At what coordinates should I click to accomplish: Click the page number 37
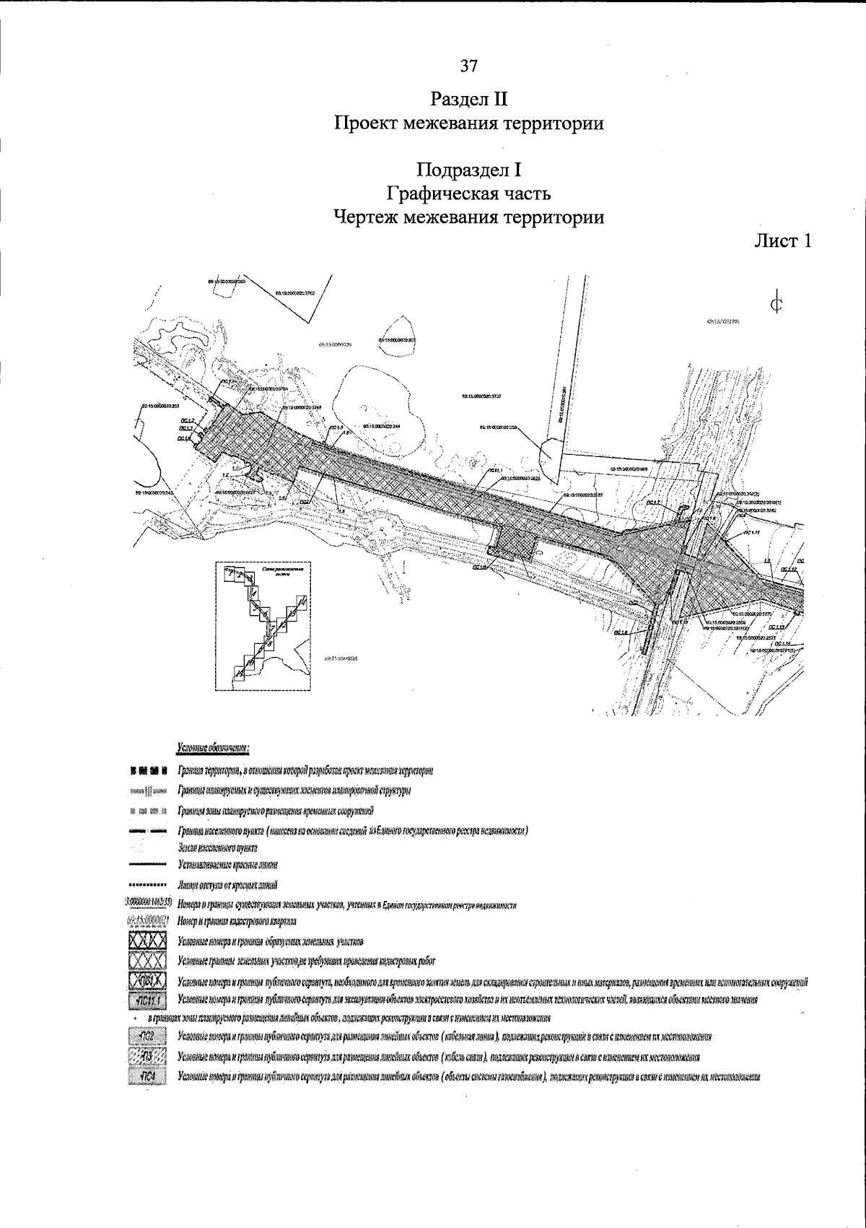pos(468,66)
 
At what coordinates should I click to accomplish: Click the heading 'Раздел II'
pos(468,97)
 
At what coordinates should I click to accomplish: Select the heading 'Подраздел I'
pos(468,170)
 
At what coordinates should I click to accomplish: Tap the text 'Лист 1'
pos(783,241)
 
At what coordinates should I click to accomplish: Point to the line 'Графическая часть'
pos(468,193)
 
